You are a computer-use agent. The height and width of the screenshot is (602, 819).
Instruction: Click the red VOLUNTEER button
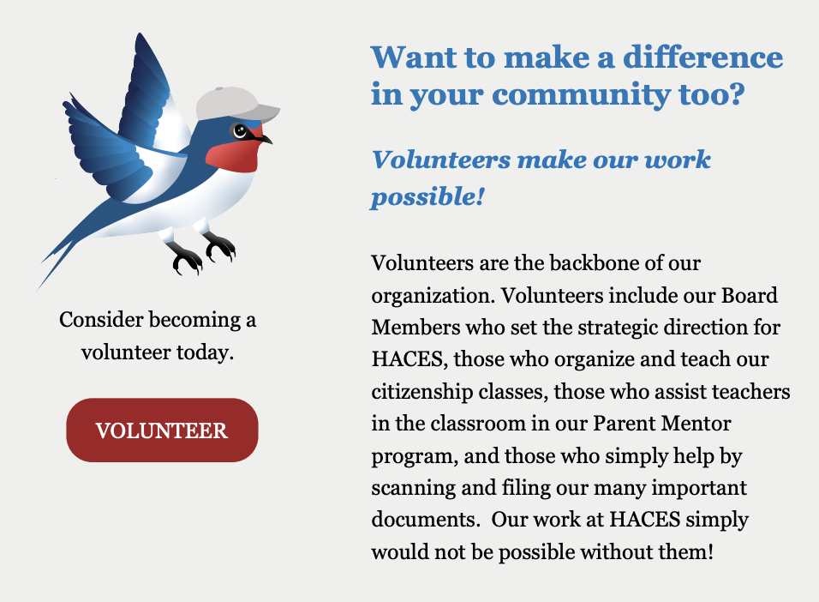162,430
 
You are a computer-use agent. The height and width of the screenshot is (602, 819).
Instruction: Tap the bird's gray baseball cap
234,104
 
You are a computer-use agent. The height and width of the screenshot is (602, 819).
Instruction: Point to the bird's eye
240,130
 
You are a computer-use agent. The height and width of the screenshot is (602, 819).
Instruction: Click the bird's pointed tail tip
39,289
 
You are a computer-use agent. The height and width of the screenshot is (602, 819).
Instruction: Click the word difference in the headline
703,57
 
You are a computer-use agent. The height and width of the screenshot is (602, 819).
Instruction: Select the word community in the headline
580,94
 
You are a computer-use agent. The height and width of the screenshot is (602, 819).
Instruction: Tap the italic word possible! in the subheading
427,196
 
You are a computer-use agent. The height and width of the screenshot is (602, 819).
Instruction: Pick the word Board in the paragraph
749,295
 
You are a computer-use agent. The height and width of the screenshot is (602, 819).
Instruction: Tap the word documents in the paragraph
423,520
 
